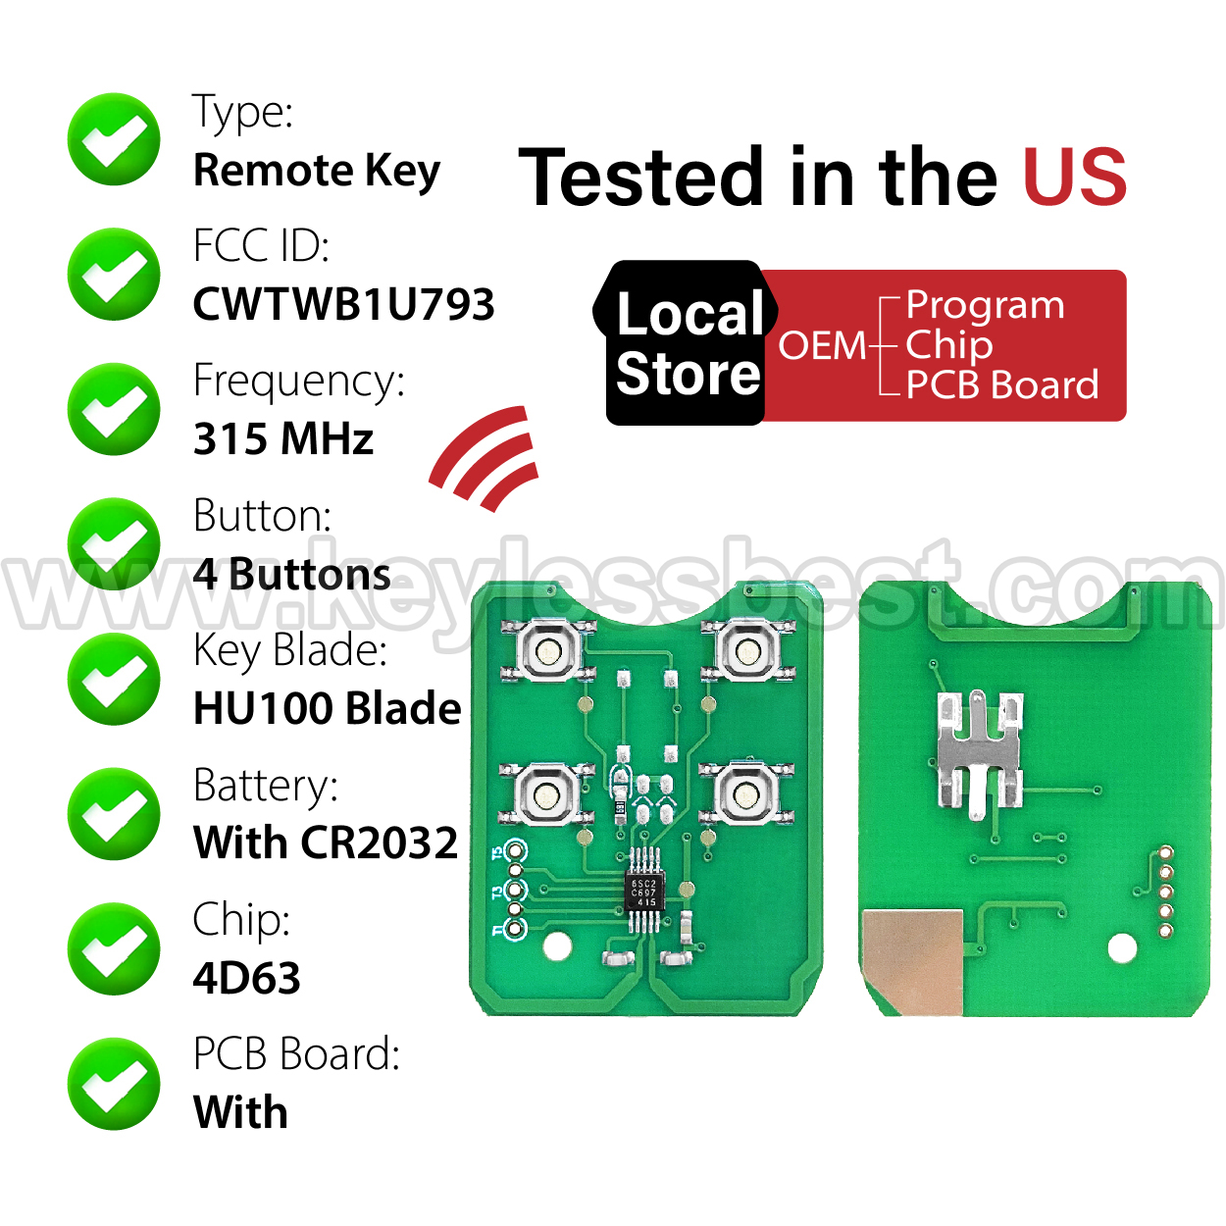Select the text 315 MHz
(283, 438)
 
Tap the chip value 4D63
(246, 978)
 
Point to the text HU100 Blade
(327, 707)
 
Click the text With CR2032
(326, 843)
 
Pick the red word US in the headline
(1075, 177)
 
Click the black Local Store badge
(686, 343)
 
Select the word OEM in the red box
(822, 345)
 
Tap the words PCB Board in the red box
(1002, 384)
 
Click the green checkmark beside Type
(114, 139)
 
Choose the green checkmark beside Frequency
(114, 408)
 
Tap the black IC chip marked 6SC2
(643, 892)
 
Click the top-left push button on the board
(548, 649)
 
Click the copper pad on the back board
(911, 961)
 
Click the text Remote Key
(317, 171)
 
